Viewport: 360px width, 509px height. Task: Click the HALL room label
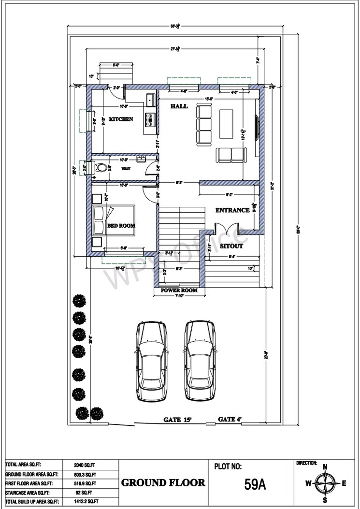coord(179,106)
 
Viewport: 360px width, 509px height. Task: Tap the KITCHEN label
coord(121,119)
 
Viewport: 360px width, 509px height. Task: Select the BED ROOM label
coord(121,225)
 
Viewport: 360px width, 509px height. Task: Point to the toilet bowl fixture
coord(101,168)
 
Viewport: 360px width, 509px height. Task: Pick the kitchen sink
coord(150,100)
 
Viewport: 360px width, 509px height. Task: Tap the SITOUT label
coord(231,246)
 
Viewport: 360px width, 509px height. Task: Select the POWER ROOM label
coord(179,291)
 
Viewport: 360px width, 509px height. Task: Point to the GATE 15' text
coord(178,419)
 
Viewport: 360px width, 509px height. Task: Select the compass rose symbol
coord(325,483)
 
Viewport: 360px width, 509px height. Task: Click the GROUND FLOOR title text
coord(163,482)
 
